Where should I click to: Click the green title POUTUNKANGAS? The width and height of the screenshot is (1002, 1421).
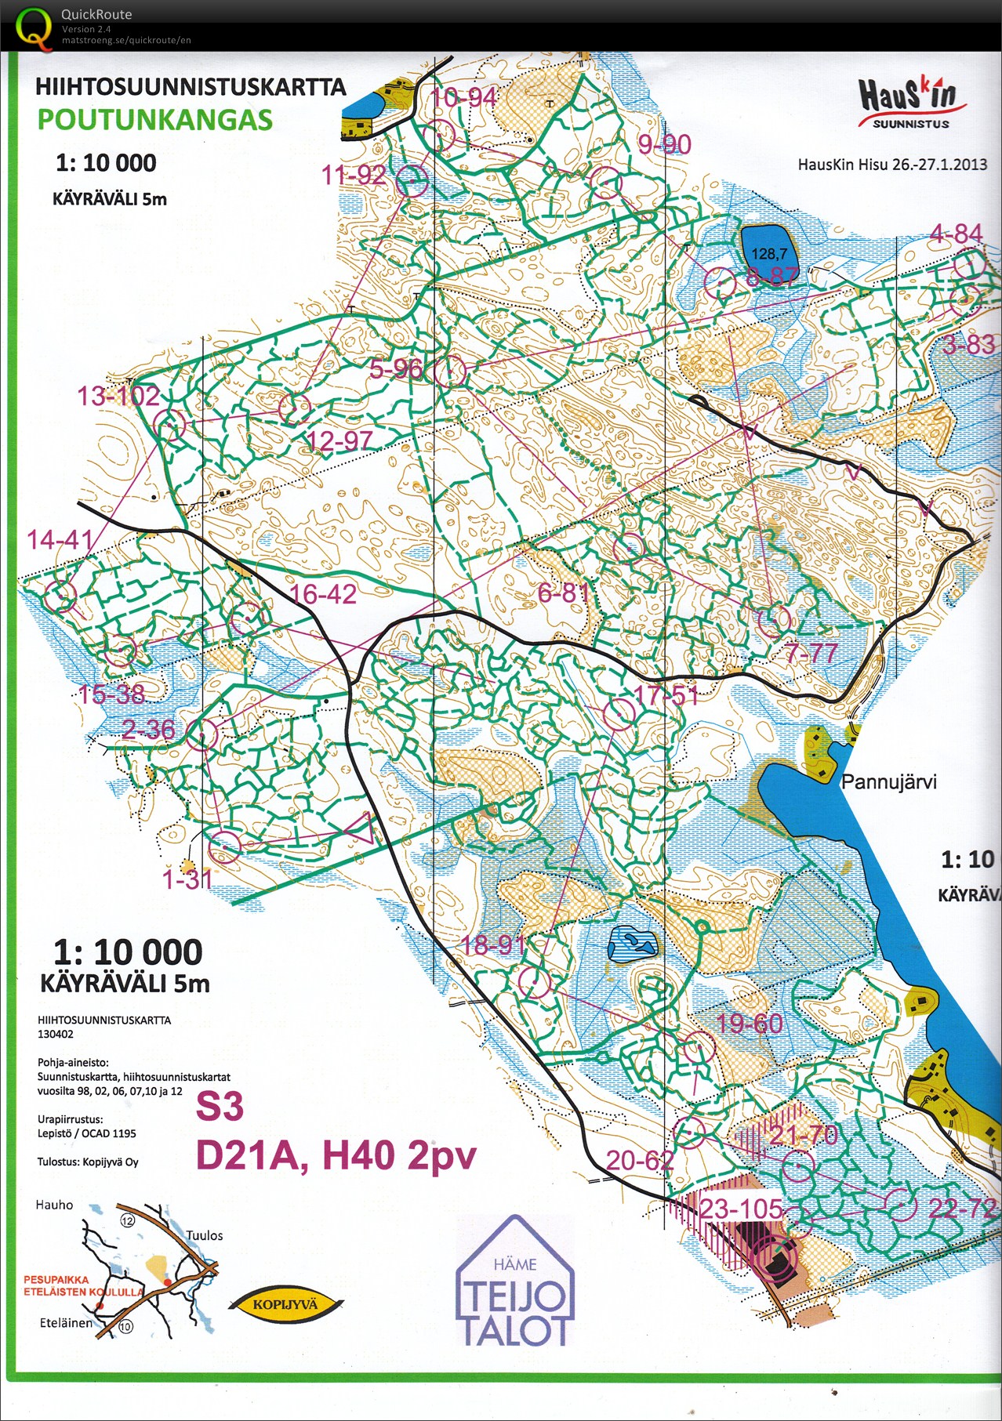pos(154,120)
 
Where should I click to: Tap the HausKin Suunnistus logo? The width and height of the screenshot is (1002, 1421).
pos(909,102)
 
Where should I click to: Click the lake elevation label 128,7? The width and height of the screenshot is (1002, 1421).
pos(768,253)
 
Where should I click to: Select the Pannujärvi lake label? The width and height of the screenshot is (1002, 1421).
pos(888,781)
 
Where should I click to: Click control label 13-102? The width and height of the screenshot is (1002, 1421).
pos(118,396)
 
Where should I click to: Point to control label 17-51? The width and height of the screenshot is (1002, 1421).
pos(666,694)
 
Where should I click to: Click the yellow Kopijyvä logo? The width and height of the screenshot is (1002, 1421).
pos(285,1305)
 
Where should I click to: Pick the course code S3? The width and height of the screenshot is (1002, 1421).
pos(220,1106)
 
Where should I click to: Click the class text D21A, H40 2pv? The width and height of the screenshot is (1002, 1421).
pos(336,1155)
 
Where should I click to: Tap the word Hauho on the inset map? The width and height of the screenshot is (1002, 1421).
pos(54,1205)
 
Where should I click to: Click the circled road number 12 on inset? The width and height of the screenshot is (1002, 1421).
pos(127,1220)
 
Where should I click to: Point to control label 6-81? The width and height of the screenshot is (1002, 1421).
pos(563,593)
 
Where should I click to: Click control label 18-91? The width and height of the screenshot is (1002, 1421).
pos(493,944)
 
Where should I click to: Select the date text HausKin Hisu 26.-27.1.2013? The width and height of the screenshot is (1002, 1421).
pos(891,165)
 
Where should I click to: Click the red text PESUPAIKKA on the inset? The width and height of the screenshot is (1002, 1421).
pos(56,1279)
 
